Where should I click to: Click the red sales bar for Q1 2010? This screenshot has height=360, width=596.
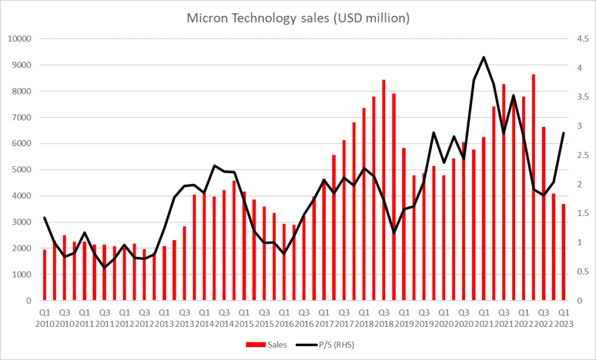(45, 275)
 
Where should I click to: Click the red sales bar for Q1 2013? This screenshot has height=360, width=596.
(165, 273)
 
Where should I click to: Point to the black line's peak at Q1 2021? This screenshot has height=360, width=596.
(484, 57)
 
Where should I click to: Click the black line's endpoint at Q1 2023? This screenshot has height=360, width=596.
(563, 133)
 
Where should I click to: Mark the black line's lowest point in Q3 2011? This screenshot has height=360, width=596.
(105, 268)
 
